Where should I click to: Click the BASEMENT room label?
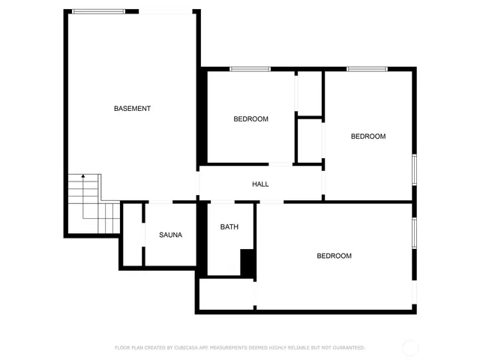[x=132, y=109]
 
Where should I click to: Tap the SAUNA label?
[x=170, y=235]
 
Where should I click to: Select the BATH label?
[x=229, y=226]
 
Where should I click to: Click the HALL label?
[x=260, y=184]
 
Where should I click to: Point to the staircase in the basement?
[x=92, y=204]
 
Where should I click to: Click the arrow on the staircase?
[x=82, y=177]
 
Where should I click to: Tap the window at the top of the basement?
[x=98, y=11]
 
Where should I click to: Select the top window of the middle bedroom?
[x=250, y=69]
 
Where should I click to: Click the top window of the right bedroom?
[x=367, y=69]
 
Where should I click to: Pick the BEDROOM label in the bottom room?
[x=334, y=256]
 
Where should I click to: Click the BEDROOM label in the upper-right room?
[x=368, y=136]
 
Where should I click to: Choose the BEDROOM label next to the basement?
[x=250, y=118]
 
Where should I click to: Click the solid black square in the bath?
[x=247, y=262]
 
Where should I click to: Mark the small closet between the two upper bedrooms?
[x=308, y=139]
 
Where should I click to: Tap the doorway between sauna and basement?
[x=159, y=202]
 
